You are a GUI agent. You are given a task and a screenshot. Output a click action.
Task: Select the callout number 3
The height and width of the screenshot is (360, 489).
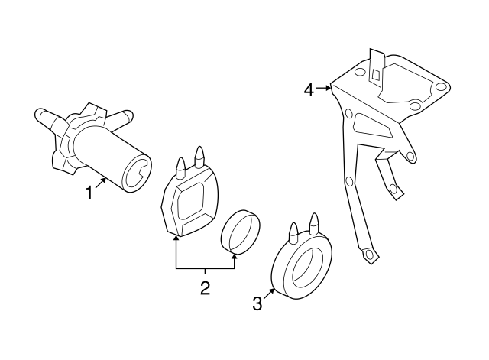tap(257, 303)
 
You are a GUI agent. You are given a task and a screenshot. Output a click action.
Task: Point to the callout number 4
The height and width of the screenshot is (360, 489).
tap(309, 90)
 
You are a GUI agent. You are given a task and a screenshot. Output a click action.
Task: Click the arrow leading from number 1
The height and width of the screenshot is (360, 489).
tap(100, 184)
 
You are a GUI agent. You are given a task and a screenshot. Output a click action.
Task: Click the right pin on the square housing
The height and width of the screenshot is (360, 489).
tap(201, 155)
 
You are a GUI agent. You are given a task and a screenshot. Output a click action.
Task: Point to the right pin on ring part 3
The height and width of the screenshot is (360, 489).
tap(313, 222)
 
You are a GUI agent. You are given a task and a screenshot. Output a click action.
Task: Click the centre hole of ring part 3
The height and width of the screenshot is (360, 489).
tap(300, 268)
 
